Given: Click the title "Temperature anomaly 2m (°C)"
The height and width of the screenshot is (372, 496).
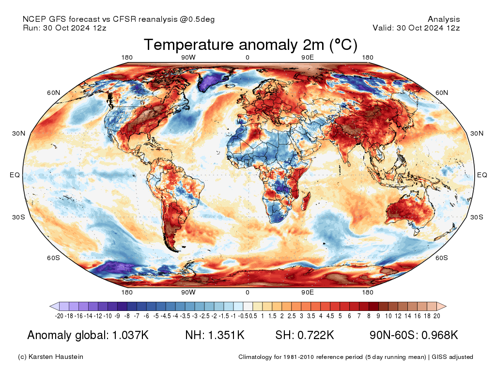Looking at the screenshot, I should (250, 45).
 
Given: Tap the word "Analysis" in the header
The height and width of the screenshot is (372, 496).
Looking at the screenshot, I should (444, 19).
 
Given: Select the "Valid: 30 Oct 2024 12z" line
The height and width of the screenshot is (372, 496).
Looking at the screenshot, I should (416, 28).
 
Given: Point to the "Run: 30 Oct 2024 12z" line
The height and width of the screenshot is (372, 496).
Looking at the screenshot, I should (64, 28).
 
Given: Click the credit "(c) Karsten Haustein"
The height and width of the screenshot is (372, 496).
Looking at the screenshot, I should (50, 357).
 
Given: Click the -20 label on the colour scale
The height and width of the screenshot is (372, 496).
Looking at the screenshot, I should (60, 316).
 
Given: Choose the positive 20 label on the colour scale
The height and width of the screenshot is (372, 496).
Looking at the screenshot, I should (436, 316).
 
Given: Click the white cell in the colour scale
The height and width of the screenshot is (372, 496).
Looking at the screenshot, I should (248, 306).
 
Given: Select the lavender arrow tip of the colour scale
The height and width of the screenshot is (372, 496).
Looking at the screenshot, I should (54, 306).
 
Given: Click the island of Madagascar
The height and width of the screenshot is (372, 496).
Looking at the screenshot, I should (306, 200).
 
